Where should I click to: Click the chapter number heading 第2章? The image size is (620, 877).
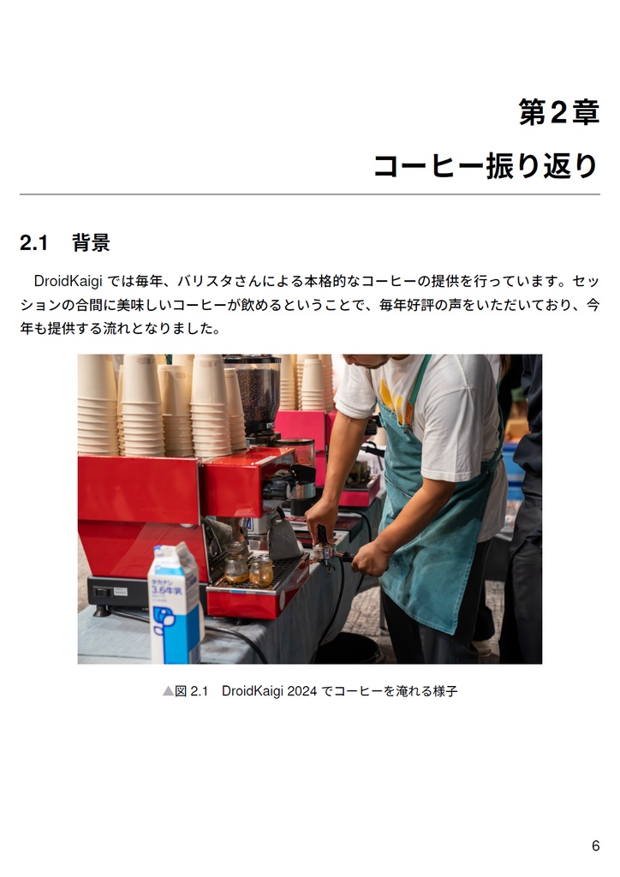558,112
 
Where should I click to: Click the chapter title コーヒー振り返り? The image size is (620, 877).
486,165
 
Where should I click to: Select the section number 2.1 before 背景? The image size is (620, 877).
33,243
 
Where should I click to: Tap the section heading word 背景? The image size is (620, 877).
91,243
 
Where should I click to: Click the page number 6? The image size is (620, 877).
595,846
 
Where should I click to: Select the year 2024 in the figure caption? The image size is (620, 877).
300,690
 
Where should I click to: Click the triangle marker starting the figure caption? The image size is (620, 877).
168,690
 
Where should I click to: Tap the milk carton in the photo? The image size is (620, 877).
175,603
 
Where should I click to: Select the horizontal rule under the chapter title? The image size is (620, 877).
310,195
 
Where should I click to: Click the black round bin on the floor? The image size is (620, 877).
348,649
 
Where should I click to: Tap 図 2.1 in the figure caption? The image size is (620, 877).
192,690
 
